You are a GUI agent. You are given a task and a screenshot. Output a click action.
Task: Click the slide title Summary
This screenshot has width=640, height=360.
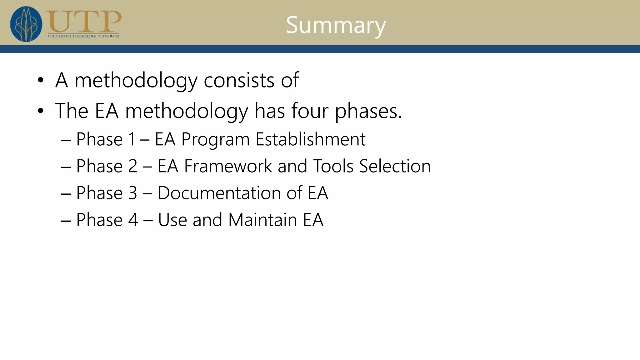tap(336, 25)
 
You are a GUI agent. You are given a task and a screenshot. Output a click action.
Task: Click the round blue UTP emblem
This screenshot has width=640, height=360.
tap(26, 24)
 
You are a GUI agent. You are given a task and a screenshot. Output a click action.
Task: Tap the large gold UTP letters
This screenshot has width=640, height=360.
tap(83, 21)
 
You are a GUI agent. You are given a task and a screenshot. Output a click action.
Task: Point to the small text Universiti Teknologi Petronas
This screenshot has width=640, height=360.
tap(83, 36)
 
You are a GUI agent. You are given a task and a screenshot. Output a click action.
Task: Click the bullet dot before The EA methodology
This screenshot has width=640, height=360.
tap(40, 111)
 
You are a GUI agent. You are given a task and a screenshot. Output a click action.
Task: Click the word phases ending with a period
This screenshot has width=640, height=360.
tap(368, 111)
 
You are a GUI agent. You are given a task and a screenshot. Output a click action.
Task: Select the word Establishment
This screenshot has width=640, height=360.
tap(310, 139)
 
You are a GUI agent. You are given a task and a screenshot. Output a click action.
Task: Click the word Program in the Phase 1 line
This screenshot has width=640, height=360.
tap(215, 140)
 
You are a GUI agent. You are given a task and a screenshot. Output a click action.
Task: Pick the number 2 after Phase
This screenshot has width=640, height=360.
tap(133, 166)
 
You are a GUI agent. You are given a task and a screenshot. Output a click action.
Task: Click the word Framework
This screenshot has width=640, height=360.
tap(228, 166)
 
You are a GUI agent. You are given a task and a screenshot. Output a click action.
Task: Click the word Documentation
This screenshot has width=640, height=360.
tap(230, 193)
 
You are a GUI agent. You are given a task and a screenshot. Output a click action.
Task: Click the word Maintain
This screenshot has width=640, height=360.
tap(262, 220)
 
